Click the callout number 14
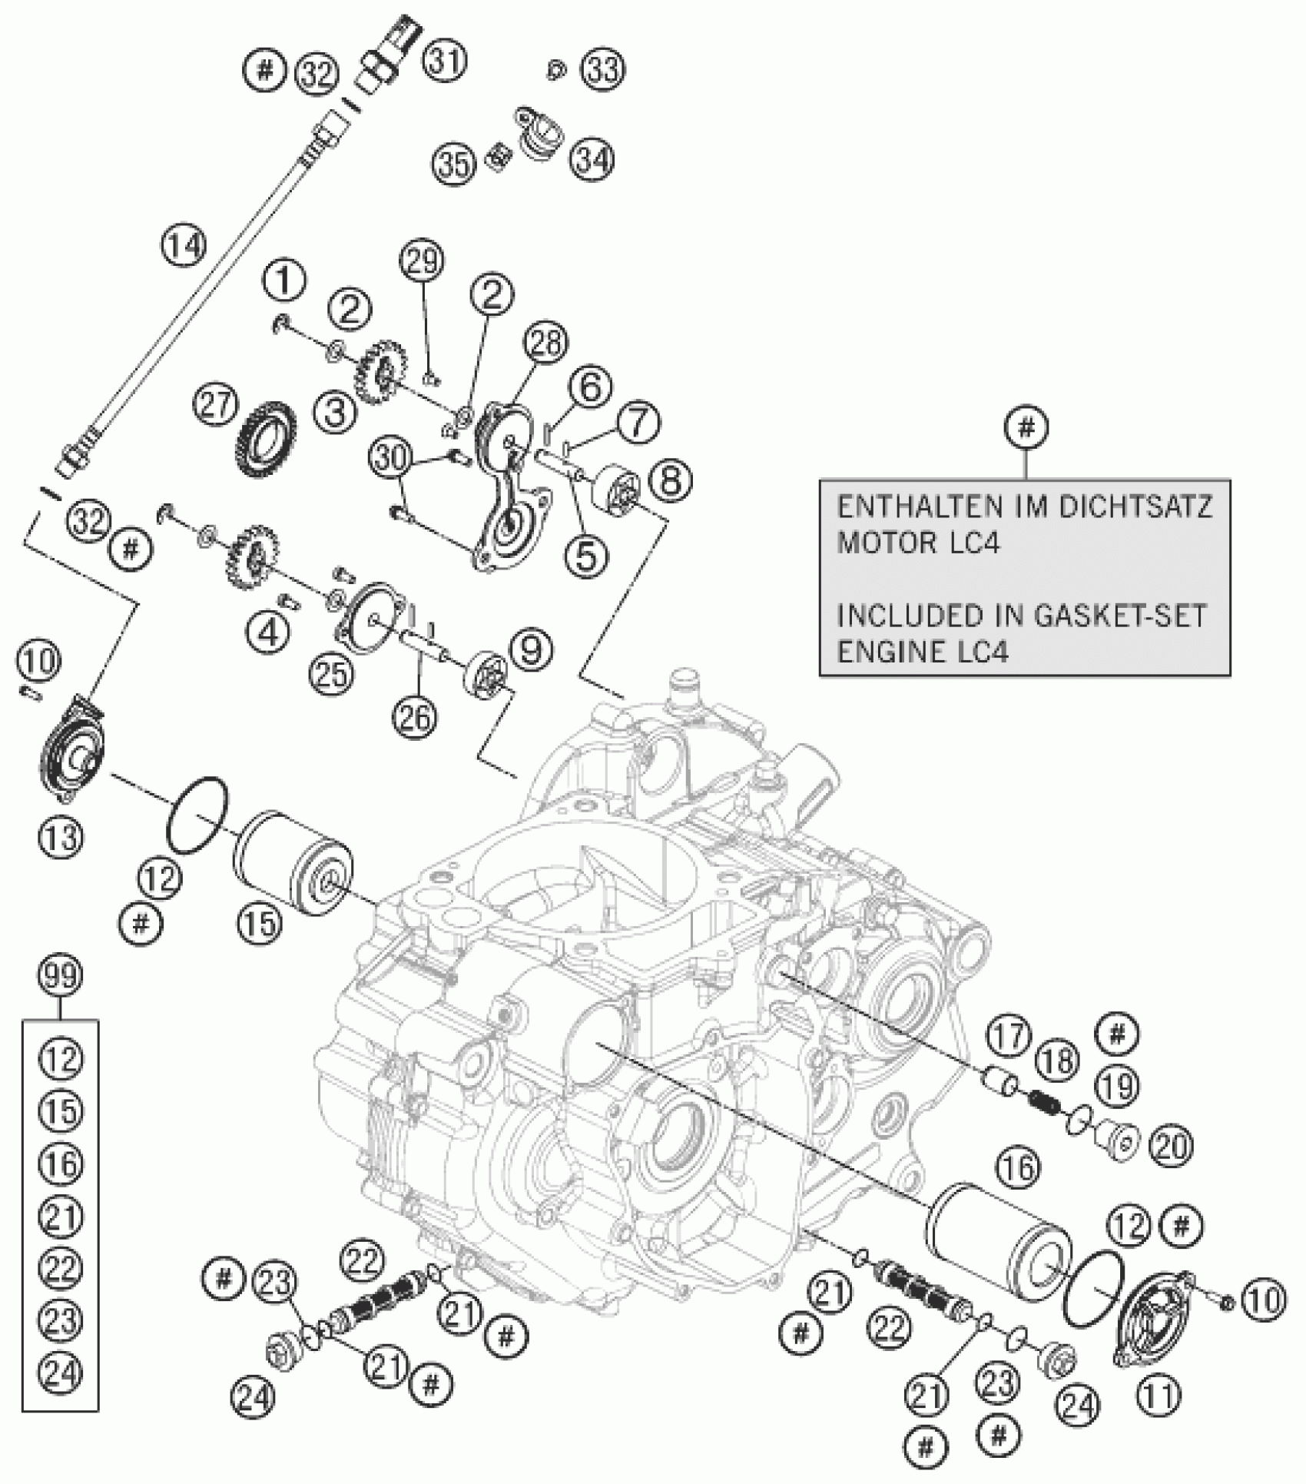tap(184, 246)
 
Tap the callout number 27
tap(217, 405)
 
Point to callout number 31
tap(446, 60)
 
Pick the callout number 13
tap(61, 836)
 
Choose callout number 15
tap(260, 923)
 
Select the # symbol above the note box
tap(1027, 427)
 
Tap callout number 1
tap(283, 282)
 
